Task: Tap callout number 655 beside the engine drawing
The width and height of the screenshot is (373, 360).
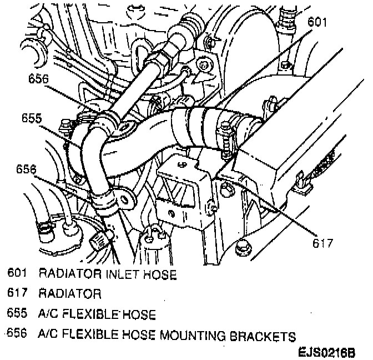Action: [x=31, y=118]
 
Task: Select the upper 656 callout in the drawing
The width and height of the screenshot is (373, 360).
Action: [x=38, y=78]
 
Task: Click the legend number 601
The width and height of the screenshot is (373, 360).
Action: [x=18, y=273]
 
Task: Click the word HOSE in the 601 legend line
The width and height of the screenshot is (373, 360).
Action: [x=160, y=273]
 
